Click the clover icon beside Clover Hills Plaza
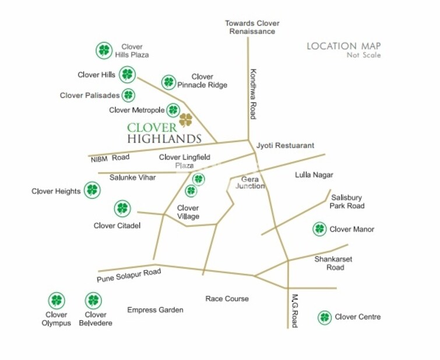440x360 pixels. pos(104,51)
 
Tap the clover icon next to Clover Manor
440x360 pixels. pos(319,229)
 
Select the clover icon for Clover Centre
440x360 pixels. pos(325,317)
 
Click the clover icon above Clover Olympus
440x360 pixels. pos(56,301)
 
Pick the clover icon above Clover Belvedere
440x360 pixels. pos(93,301)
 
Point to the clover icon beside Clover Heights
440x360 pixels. pos(91,189)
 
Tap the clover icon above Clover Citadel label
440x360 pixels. pos(122,208)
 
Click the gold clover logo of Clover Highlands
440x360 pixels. pos(186,120)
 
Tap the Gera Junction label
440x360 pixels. pos(250,183)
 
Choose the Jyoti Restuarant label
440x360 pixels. pos(285,146)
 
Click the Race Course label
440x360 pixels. pos(227,299)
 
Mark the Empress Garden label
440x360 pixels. pos(155,310)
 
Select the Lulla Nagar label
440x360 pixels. pos(314,175)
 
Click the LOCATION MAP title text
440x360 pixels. pos(344,46)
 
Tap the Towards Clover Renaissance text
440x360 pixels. pos(252,27)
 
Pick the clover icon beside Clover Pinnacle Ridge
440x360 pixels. pos(168,82)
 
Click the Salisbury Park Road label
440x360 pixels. pos(347,202)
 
